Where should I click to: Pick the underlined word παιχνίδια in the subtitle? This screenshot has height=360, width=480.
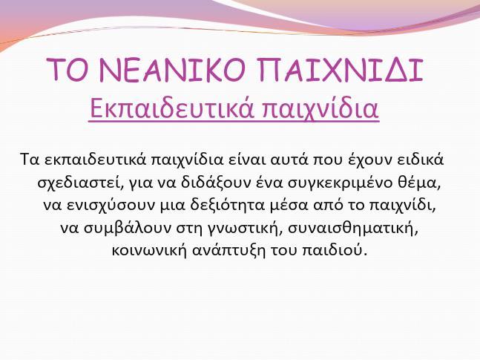(320, 109)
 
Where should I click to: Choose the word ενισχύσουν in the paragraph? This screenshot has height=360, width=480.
(111, 206)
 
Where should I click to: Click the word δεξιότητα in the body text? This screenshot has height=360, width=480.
(227, 206)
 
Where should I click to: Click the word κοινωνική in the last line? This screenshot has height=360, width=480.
(149, 251)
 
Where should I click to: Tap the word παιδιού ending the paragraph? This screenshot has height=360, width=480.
(335, 251)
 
